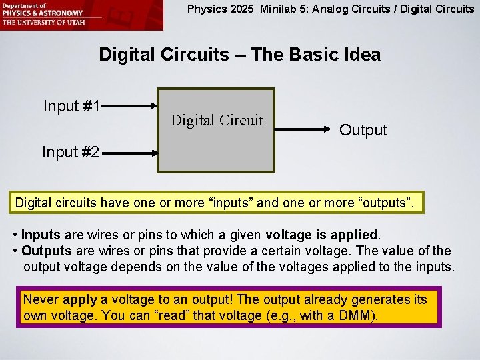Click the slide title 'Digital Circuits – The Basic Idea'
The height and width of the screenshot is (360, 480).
[239, 55]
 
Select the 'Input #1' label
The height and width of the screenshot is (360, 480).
[71, 106]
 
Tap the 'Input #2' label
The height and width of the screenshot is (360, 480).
[71, 152]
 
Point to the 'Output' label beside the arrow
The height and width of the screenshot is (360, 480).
[363, 130]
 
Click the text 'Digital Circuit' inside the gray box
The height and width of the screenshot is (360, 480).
[217, 121]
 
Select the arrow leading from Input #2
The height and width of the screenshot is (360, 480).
[130, 152]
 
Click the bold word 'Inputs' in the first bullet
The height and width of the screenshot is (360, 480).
[41, 235]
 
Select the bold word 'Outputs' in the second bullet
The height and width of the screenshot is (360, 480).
[46, 251]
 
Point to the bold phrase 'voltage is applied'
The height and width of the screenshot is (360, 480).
[322, 235]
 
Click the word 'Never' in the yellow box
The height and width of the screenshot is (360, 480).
[40, 299]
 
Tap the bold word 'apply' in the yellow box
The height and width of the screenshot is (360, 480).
[80, 299]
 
